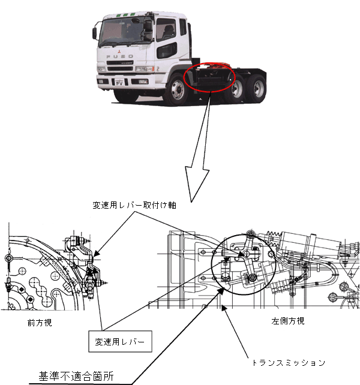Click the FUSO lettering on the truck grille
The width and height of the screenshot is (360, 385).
(116, 57)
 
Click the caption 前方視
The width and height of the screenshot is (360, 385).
(40, 322)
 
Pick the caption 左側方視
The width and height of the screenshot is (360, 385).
(287, 321)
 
